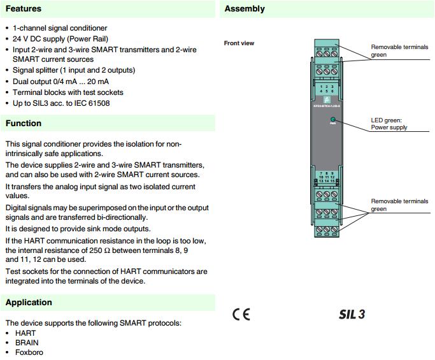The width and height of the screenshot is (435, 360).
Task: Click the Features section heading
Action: point(24,9)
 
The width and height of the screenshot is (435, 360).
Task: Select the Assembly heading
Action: point(245,9)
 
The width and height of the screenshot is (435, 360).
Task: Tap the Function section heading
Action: point(24,123)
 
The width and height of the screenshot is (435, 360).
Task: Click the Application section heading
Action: point(29,302)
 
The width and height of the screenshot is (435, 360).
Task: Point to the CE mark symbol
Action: point(241,315)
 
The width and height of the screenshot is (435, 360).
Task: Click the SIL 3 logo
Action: point(352,315)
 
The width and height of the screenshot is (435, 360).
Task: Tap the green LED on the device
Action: point(332,120)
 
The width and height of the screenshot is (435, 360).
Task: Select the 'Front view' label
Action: point(239,43)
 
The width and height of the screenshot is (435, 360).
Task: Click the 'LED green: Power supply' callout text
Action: point(389,124)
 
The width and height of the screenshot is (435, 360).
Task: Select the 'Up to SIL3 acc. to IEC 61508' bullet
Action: point(61,103)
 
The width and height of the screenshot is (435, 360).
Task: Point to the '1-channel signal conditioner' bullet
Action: point(60,28)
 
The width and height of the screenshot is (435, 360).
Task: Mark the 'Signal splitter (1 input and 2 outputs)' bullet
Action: point(74,70)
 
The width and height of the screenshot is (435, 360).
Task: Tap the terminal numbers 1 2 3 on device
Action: point(327,87)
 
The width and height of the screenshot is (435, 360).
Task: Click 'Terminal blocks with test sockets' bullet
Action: point(68,92)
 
